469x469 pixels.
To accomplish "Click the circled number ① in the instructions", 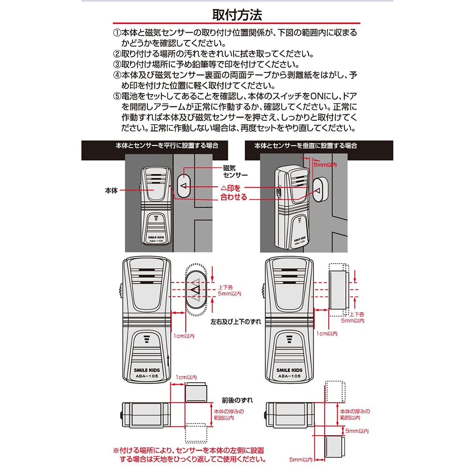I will point(117,33).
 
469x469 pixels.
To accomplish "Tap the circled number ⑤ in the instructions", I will point(117,96).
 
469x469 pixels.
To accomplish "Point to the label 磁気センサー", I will point(235,171).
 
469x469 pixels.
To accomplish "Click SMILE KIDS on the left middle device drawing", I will point(147,370).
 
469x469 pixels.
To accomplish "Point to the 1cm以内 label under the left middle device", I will point(184,336).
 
